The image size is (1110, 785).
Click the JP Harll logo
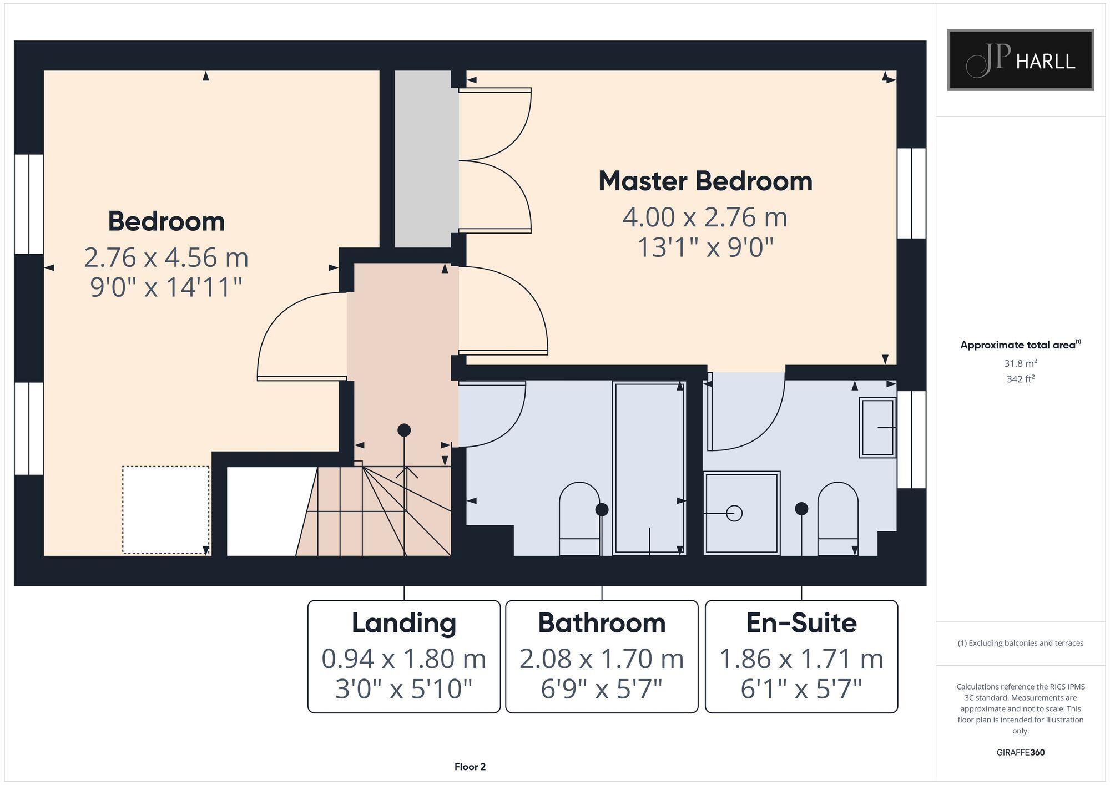pos(1020,60)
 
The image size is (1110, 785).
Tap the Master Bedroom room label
pos(705,181)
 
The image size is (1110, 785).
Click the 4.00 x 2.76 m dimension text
pos(705,217)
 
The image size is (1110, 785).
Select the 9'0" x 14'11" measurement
pos(166,287)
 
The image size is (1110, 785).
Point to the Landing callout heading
pos(404,623)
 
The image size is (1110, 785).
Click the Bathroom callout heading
pos(602,623)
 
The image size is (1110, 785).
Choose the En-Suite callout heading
pos(801,623)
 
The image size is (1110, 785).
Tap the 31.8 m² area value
pos(1020,363)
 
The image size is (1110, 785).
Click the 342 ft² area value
pos(1020,379)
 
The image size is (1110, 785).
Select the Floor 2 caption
pos(470,767)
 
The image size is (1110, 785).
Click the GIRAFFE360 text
pos(1020,752)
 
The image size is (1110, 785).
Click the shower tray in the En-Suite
pos(741,513)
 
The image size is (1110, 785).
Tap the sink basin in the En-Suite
pos(877,427)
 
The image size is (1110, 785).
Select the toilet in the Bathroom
pos(579,518)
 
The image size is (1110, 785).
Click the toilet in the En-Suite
pos(837,518)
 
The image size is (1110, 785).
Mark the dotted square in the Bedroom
pos(165,509)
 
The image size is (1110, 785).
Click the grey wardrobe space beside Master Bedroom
pos(423,158)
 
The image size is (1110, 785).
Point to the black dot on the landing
pos(404,430)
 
